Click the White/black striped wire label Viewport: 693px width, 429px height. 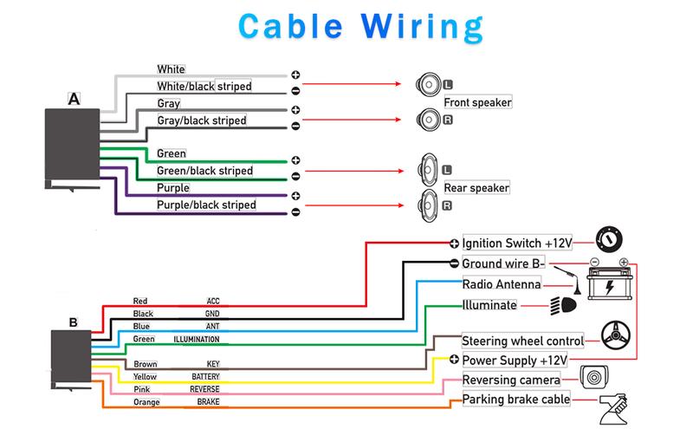pyautogui.click(x=204, y=87)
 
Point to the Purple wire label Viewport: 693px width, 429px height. pyautogui.click(x=173, y=188)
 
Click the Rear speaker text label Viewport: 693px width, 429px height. pyautogui.click(x=476, y=187)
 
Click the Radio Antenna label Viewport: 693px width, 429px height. pyautogui.click(x=502, y=284)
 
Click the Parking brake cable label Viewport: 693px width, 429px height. pyautogui.click(x=516, y=400)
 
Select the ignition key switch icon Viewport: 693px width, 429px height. pyautogui.click(x=610, y=238)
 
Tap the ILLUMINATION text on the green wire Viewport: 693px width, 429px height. pyautogui.click(x=197, y=340)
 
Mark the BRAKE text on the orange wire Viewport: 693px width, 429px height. pyautogui.click(x=207, y=403)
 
